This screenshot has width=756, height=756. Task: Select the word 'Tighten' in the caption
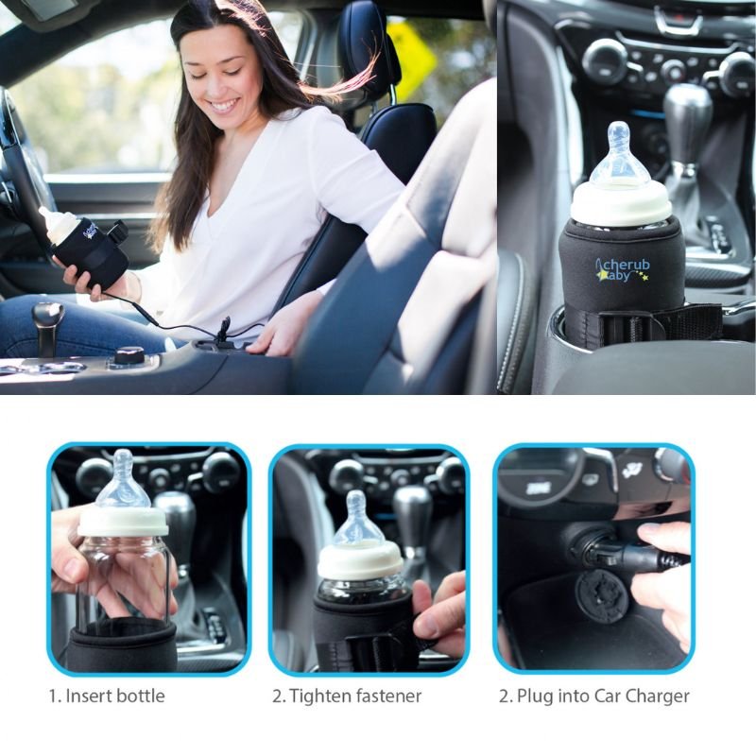pos(320,696)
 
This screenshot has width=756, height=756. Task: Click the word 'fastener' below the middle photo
pos(389,696)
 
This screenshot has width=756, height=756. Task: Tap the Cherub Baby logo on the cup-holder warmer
pos(623,270)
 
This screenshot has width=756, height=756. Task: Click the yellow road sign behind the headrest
pos(411,60)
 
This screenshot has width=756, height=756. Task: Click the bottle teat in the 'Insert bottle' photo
pos(123,479)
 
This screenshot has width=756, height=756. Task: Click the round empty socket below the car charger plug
pos(602,599)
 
